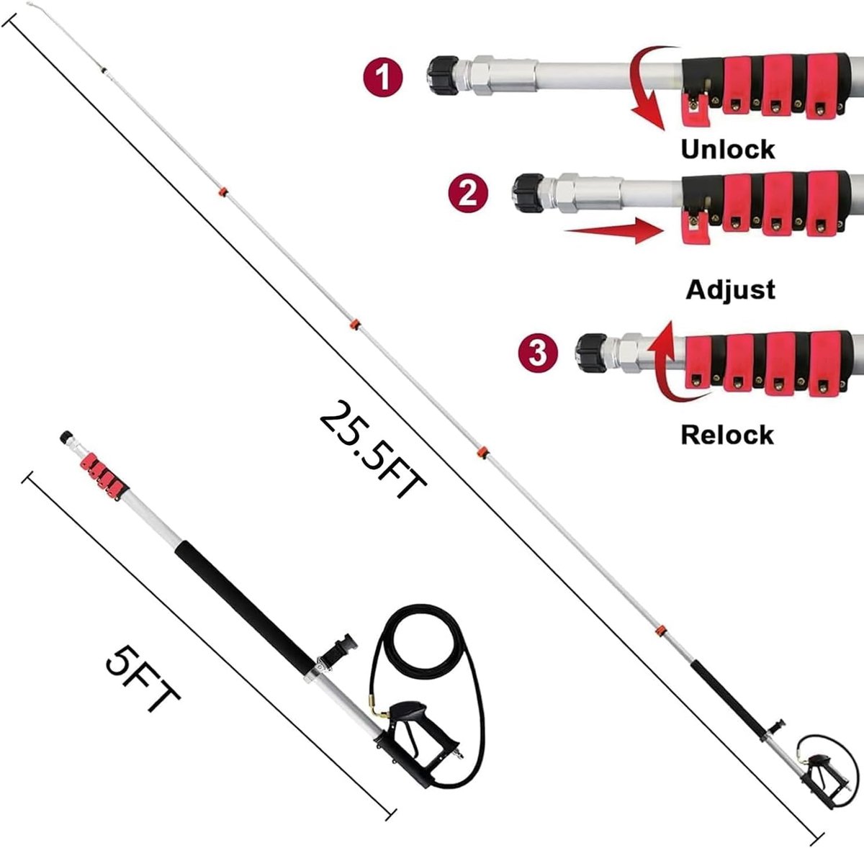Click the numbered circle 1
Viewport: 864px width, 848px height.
click(383, 77)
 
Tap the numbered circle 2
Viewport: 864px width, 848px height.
click(469, 194)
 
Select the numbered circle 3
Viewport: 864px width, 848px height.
click(538, 353)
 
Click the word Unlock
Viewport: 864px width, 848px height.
click(728, 149)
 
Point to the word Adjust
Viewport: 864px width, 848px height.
click(730, 289)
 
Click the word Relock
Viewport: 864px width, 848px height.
click(727, 435)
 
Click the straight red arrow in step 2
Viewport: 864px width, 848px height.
click(614, 231)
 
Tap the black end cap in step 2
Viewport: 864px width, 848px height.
click(529, 193)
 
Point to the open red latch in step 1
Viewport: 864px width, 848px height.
click(695, 108)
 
